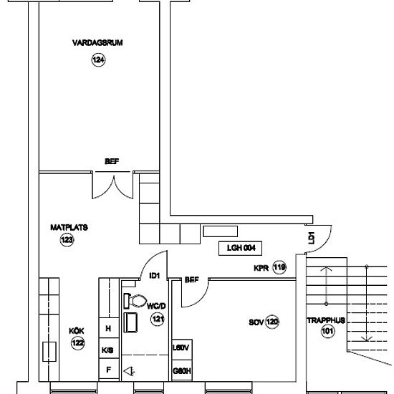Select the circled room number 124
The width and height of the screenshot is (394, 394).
pos(97,61)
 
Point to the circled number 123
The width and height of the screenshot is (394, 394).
pos(67,241)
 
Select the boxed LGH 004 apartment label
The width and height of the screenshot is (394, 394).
pos(241,249)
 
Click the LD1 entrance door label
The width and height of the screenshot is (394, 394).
pos(311,238)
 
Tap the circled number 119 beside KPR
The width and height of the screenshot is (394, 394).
pos(279,268)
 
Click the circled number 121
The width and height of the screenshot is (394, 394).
pos(158,320)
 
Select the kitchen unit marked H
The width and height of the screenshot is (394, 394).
pos(108,329)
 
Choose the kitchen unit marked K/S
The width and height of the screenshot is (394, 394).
pos(108,350)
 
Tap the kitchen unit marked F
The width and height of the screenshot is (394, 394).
pos(108,370)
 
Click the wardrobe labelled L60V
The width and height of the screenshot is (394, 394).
pos(181,348)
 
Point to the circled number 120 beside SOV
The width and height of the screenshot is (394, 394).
pos(272,322)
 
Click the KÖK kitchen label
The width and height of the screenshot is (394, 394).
pos(76,330)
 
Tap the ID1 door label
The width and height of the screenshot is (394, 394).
pos(153,276)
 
